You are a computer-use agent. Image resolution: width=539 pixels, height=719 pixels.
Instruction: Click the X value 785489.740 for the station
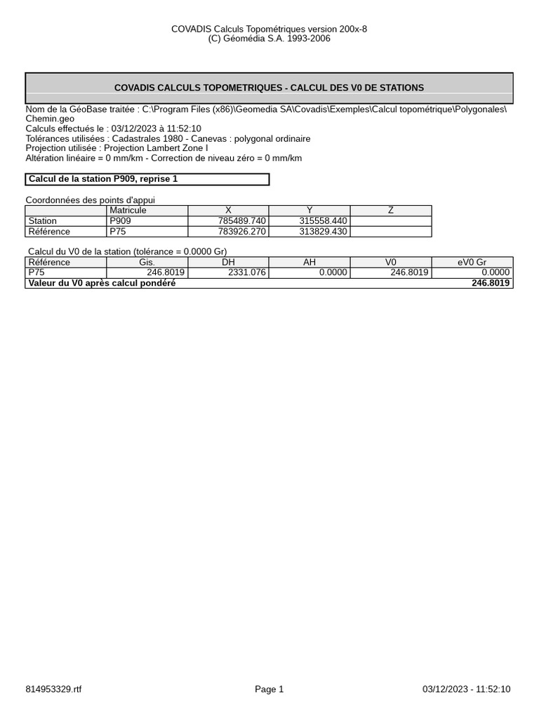242,221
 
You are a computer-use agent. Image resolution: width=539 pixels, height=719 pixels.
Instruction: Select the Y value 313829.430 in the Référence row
323,232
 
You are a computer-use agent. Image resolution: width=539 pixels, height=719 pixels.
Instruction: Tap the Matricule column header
128,211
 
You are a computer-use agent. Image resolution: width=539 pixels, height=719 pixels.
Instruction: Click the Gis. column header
147,263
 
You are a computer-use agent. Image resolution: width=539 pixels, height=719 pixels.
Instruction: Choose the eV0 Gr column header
472,263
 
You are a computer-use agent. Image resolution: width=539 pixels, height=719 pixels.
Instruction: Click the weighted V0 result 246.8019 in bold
491,283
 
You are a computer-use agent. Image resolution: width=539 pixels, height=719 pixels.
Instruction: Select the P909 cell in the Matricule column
120,221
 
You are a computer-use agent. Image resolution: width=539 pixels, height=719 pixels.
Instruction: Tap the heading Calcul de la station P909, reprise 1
103,179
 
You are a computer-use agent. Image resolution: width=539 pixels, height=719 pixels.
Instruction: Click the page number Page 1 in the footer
269,690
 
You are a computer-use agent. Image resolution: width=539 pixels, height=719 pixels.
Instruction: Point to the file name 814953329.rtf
53,690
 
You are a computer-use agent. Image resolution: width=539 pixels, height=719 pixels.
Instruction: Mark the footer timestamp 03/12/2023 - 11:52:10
467,690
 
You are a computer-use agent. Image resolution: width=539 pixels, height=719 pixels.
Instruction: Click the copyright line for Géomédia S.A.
269,39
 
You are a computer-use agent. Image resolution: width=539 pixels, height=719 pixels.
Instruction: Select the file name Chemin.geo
50,119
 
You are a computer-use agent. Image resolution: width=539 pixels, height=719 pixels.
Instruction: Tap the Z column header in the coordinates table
391,211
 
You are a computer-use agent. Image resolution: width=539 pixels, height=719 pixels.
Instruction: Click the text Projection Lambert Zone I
156,148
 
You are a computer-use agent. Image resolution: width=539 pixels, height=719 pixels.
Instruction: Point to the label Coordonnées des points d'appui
91,200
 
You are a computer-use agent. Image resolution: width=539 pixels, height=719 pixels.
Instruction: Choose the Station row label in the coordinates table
43,221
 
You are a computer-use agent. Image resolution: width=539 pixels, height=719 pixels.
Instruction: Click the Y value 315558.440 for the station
323,221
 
